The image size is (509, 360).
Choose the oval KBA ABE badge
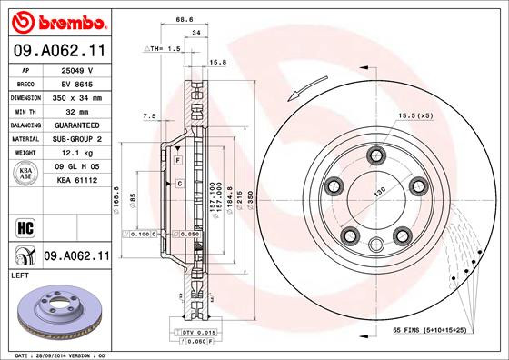coord(26,173)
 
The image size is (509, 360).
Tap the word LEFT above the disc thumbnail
coord(20,273)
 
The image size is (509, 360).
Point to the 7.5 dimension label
coord(150,115)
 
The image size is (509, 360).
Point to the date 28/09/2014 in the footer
coord(57,355)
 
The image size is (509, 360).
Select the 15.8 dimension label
coord(218,63)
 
